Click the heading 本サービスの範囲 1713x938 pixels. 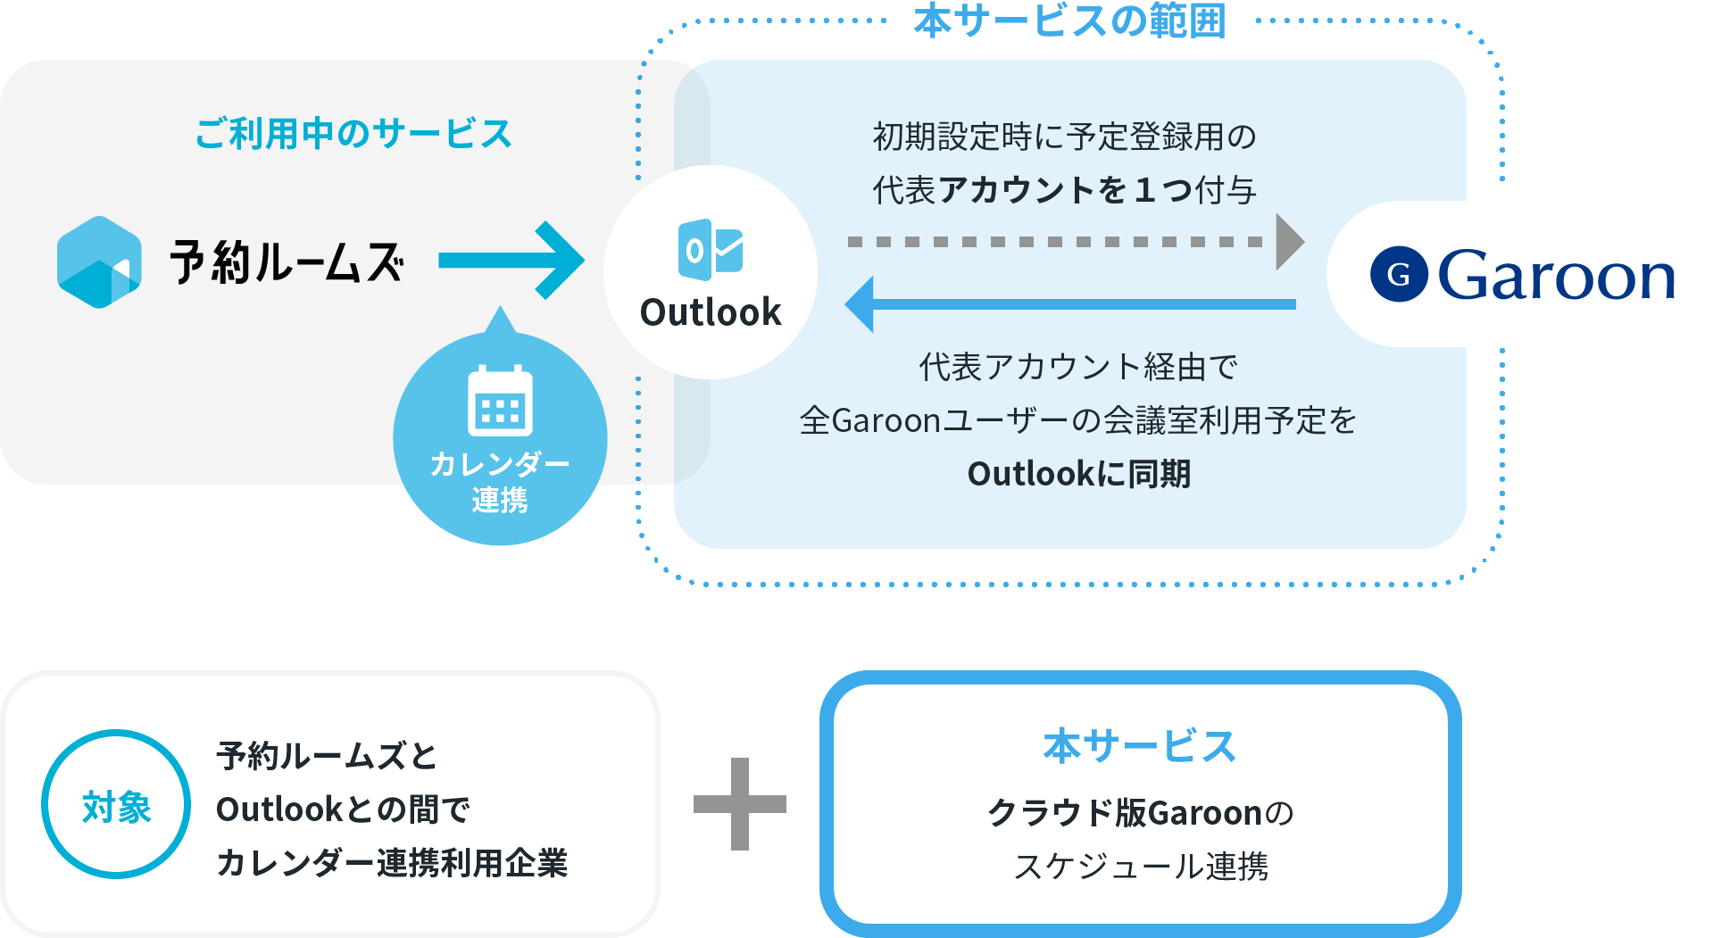click(x=1069, y=21)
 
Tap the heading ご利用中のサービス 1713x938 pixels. click(x=353, y=134)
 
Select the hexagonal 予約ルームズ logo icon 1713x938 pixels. click(x=99, y=262)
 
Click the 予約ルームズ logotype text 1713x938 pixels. click(x=287, y=262)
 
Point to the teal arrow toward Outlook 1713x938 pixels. click(x=511, y=261)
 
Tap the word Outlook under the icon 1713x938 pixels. click(x=711, y=312)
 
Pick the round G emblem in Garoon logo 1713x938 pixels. click(x=1399, y=274)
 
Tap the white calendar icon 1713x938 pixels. click(x=500, y=401)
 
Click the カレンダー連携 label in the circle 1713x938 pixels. click(x=500, y=482)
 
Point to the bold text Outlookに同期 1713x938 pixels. click(x=1078, y=474)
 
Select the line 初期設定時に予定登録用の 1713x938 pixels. click(x=1064, y=137)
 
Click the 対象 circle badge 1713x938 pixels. click(x=116, y=805)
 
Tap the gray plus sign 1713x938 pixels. click(x=740, y=804)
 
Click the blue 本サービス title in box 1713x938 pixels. click(x=1139, y=746)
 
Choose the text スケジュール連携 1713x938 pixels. click(x=1140, y=866)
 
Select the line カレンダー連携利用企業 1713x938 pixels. click(x=392, y=863)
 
